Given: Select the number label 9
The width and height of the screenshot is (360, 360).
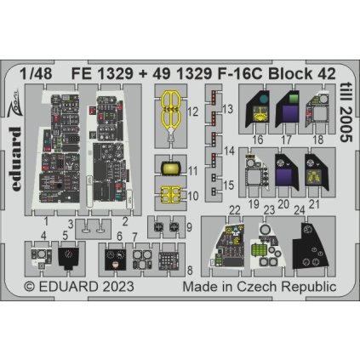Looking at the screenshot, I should (x=189, y=227).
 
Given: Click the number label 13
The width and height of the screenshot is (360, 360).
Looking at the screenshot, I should (x=228, y=110).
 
